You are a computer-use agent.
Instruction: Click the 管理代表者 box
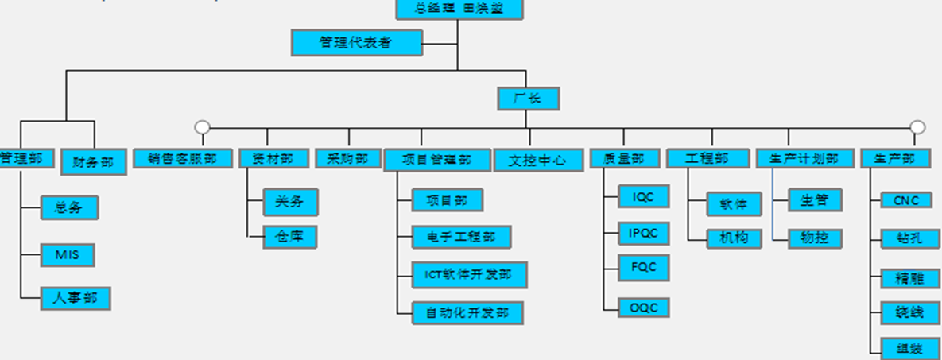coord(356,42)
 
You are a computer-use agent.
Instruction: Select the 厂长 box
coord(529,99)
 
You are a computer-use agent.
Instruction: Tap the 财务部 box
coord(94,162)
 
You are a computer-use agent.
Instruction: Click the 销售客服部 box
coord(182,158)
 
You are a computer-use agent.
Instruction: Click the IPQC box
coord(644,233)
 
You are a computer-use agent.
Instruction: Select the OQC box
coord(644,308)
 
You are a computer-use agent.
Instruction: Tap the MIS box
coord(68,255)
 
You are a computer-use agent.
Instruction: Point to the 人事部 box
coord(76,299)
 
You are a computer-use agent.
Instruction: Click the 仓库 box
coord(290,236)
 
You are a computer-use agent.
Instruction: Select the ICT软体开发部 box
coord(469,275)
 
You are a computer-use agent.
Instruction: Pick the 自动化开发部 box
coord(467,312)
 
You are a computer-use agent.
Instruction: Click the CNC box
coord(906,200)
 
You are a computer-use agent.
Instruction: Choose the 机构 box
coord(735,238)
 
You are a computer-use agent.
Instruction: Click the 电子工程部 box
coord(461,237)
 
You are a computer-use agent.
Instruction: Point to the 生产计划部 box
coord(804,158)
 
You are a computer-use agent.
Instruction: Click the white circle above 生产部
coord(917,127)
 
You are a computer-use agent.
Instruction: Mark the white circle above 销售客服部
coord(203,127)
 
